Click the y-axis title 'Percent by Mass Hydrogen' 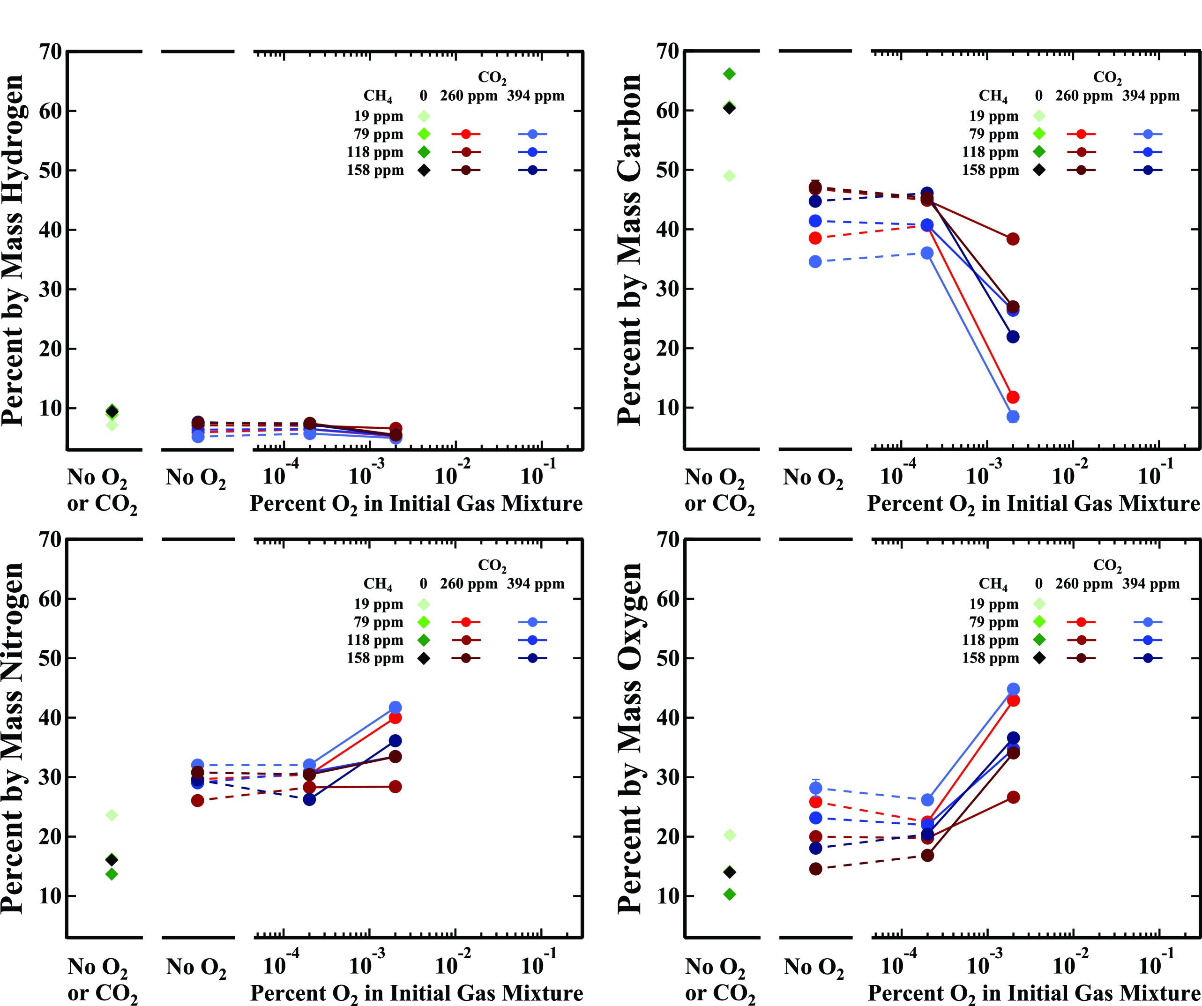[x=13, y=250]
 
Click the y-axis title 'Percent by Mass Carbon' [x=630, y=250]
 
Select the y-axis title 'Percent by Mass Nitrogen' [x=13, y=738]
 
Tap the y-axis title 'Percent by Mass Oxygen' [x=630, y=738]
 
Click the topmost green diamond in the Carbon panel [x=729, y=74]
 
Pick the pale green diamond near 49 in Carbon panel [x=729, y=176]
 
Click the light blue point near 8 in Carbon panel [x=1013, y=417]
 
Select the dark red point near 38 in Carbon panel [x=1013, y=239]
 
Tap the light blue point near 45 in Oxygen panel [x=1013, y=689]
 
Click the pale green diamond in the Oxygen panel [x=729, y=835]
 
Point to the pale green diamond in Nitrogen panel [x=112, y=815]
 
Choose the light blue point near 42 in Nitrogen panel [x=395, y=707]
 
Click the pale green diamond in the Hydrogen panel [x=112, y=425]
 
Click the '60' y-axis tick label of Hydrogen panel [x=50, y=111]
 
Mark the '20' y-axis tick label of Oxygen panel [x=668, y=837]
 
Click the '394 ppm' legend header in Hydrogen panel [x=535, y=96]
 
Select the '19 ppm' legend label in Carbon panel [x=993, y=116]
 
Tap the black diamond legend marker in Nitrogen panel [x=424, y=659]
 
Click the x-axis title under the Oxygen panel [x=1033, y=993]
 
